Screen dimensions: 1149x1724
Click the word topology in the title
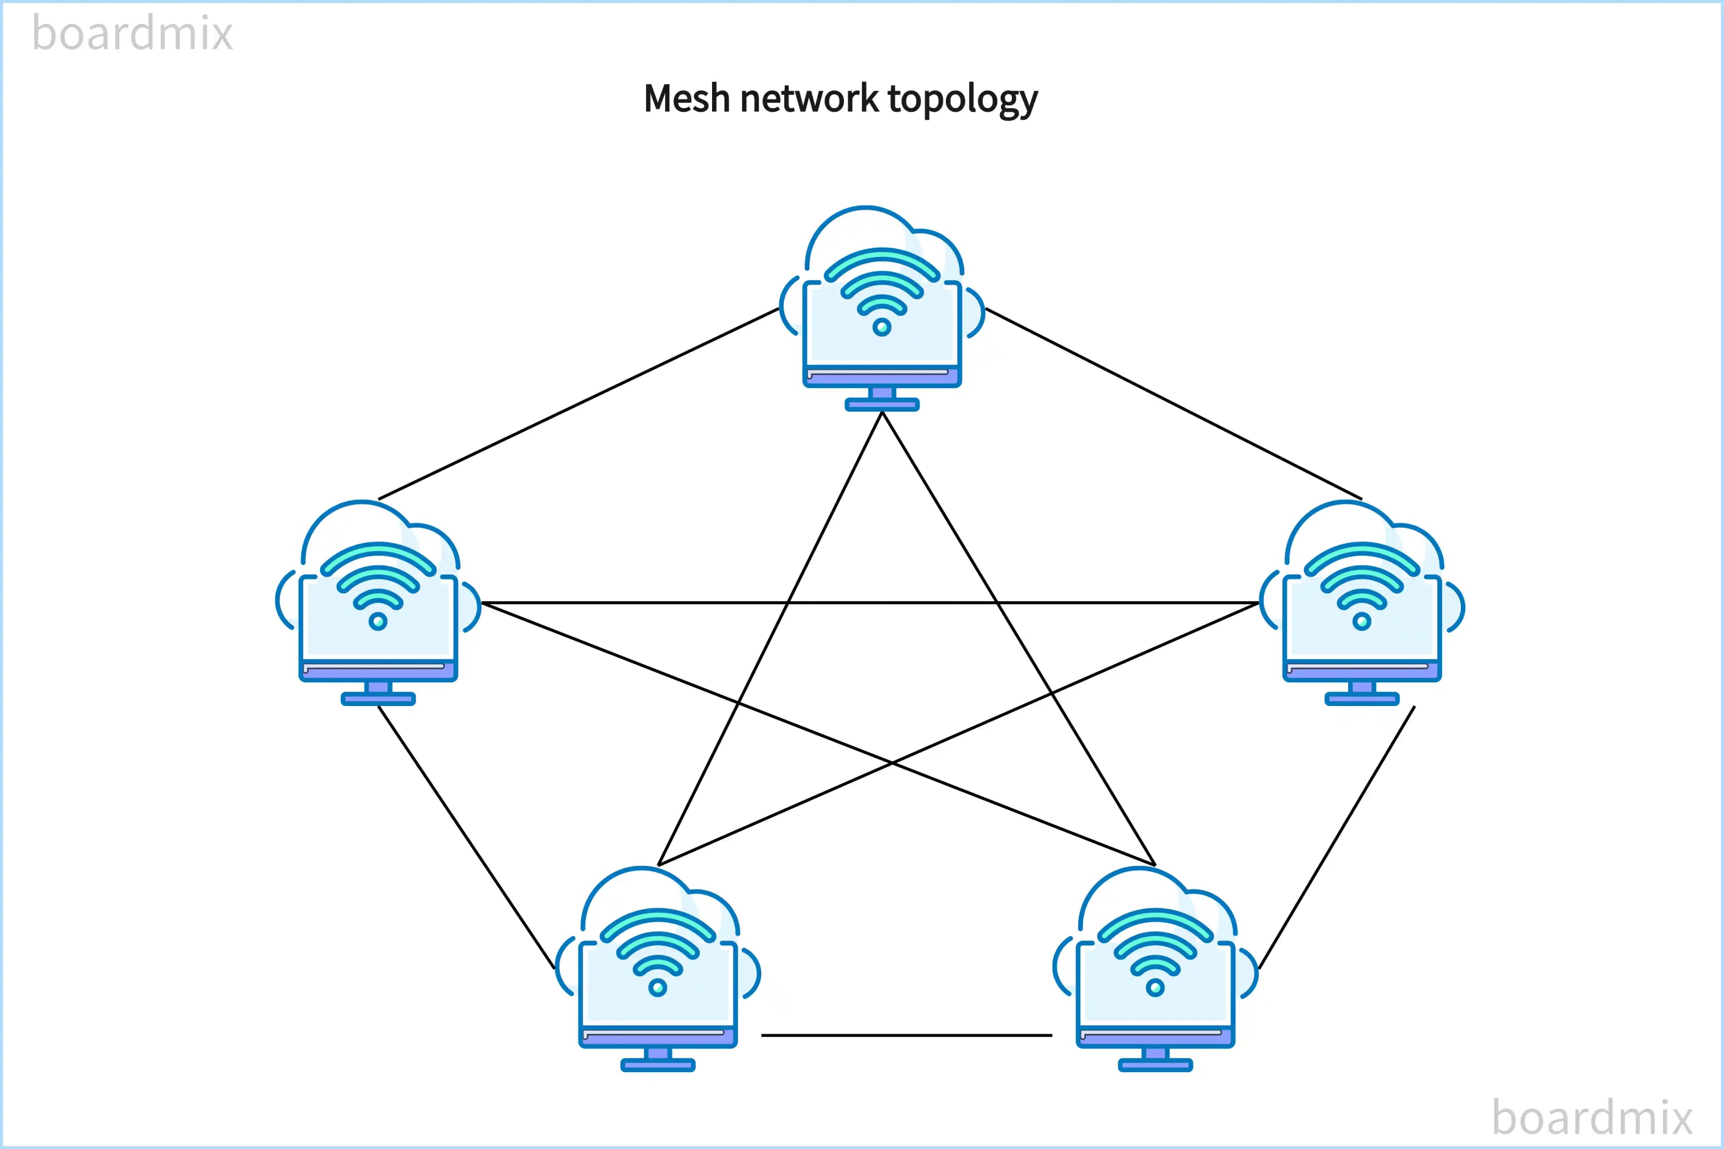click(963, 100)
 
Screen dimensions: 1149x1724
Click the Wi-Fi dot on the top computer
click(882, 327)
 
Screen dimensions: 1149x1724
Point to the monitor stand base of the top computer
click(882, 404)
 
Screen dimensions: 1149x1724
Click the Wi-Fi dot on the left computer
click(378, 621)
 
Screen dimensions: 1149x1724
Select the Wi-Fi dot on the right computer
click(1362, 621)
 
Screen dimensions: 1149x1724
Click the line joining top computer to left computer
click(579, 404)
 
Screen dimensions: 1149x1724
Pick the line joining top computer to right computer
click(1173, 404)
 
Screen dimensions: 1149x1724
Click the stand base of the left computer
click(378, 699)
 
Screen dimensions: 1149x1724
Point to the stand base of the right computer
click(1362, 699)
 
